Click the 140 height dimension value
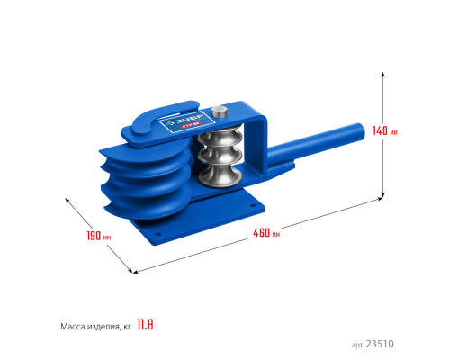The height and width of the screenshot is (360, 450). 380,130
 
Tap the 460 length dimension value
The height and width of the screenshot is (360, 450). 261,232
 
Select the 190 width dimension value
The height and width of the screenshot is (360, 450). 94,236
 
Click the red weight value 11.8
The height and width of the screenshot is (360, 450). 145,325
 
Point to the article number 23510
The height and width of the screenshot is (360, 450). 380,344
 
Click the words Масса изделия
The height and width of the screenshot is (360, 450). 90,326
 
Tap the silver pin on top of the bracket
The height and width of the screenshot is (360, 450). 219,112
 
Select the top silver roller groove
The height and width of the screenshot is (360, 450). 220,137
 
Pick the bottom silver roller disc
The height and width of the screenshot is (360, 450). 220,177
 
